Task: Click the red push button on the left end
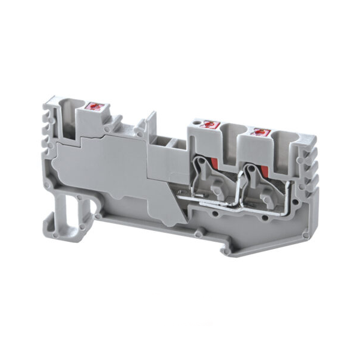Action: pos(94,107)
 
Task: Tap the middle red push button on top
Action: pos(209,125)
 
